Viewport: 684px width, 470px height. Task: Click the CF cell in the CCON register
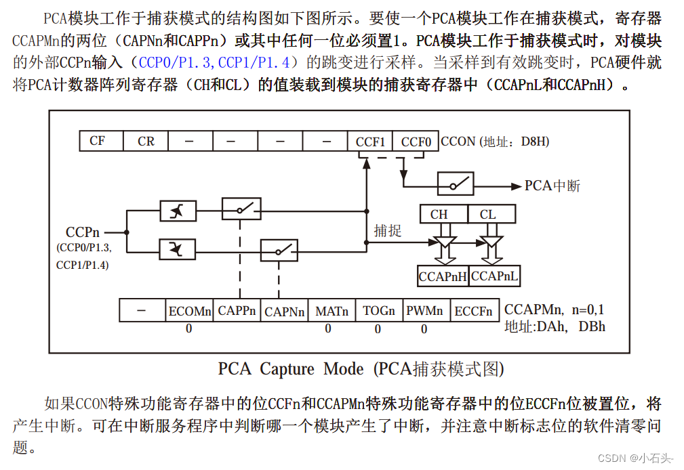click(98, 141)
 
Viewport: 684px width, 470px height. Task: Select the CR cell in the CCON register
click(146, 141)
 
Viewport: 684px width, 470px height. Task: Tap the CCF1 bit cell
click(370, 142)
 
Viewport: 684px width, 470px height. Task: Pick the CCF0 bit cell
click(416, 142)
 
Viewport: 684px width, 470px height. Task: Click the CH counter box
click(439, 215)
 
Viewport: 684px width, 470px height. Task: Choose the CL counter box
click(488, 215)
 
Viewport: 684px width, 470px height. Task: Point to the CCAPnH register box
click(443, 276)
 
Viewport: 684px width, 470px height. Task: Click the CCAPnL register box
click(495, 276)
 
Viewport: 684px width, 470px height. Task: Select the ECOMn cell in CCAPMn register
click(190, 311)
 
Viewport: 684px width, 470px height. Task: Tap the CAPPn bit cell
click(237, 311)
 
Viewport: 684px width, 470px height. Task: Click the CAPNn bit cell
click(284, 312)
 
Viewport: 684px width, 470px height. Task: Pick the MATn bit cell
click(331, 311)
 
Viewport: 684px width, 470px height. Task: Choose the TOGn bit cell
click(379, 311)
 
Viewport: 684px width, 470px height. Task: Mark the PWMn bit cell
click(425, 311)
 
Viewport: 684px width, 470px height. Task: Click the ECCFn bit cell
click(473, 311)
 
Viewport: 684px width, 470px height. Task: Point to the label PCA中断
click(552, 186)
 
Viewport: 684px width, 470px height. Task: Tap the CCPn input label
click(83, 233)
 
